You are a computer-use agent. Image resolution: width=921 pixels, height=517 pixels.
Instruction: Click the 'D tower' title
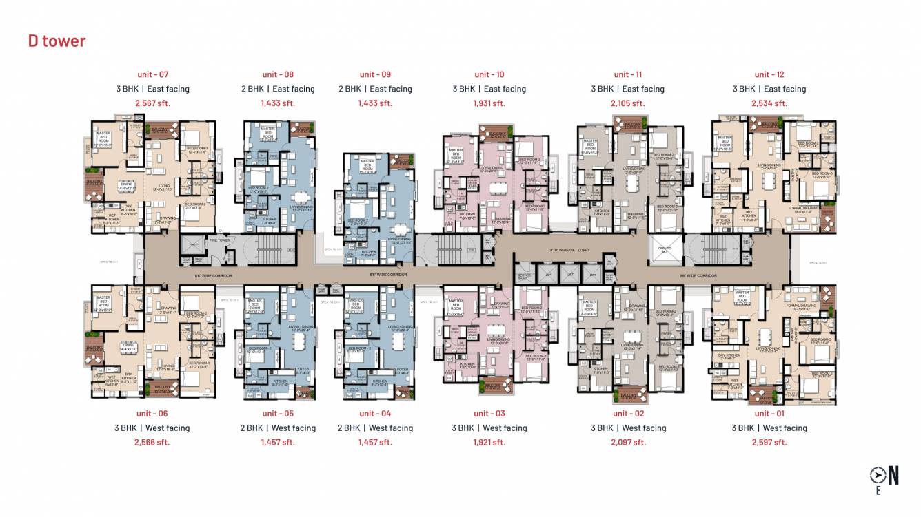click(57, 41)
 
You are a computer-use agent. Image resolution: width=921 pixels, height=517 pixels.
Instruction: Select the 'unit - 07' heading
click(152, 74)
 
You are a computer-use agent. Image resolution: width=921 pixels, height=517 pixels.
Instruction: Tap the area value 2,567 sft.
click(152, 103)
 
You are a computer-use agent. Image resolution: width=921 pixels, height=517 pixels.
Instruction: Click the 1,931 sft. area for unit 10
click(489, 103)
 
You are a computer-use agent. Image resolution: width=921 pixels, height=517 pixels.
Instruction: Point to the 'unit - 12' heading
click(769, 74)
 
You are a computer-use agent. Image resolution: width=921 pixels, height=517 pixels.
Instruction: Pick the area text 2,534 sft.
click(769, 103)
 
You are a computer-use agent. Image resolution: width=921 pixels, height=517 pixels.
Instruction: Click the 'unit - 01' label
click(769, 414)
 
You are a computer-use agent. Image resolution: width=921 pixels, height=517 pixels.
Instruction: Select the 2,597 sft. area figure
click(769, 442)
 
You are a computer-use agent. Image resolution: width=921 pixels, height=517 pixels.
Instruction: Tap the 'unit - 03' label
click(489, 414)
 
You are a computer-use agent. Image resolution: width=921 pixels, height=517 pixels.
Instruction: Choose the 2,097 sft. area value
click(628, 442)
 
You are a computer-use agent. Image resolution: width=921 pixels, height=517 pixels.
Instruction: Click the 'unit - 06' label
click(152, 414)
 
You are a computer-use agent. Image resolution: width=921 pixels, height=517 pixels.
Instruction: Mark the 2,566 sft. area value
click(152, 442)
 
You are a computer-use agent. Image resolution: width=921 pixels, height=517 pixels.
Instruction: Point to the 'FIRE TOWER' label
click(219, 240)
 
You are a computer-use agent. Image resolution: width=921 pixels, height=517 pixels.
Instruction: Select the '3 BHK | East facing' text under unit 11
click(627, 89)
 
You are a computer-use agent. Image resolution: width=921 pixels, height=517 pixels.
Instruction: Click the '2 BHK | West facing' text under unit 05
click(278, 428)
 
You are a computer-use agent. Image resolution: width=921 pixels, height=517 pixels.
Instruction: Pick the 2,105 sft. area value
click(628, 103)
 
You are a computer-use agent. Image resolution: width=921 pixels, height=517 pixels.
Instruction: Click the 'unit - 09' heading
click(375, 74)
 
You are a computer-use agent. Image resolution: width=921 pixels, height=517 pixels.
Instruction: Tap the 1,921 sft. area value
click(489, 442)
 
